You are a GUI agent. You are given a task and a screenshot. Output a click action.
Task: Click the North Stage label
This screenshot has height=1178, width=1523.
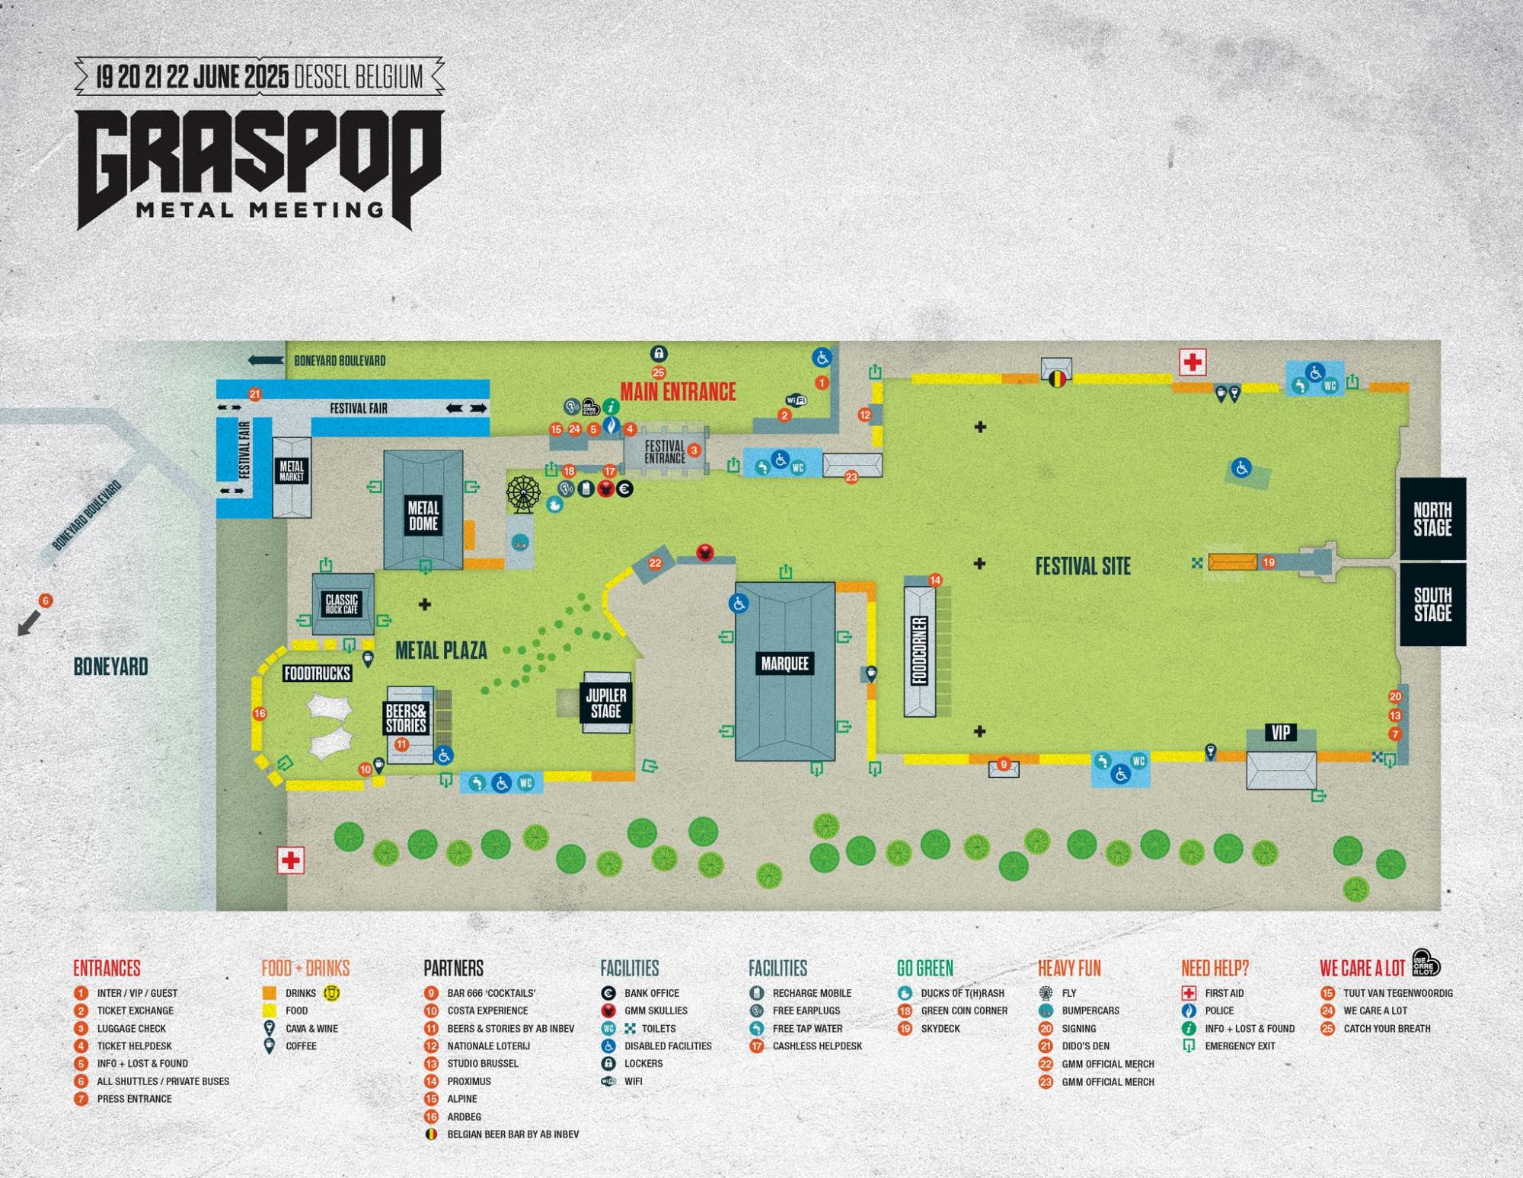tap(1432, 518)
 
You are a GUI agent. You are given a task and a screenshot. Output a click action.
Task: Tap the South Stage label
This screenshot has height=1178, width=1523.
tap(1432, 604)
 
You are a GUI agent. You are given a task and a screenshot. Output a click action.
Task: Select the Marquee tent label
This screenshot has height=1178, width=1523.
tap(784, 663)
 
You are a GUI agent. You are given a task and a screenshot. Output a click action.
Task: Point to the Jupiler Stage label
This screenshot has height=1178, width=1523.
tap(606, 703)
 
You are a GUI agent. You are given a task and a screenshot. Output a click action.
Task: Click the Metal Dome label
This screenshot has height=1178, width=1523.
tap(423, 515)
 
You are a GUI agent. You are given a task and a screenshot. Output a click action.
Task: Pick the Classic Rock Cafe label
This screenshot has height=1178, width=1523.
tap(341, 604)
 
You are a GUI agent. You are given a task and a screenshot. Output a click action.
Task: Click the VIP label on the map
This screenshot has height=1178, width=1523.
tap(1281, 732)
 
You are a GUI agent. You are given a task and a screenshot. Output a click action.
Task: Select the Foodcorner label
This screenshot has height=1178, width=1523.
tap(920, 651)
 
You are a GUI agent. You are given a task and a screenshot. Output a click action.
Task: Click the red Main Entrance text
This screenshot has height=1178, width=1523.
tap(678, 392)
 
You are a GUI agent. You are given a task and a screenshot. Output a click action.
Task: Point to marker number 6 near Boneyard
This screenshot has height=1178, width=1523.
tap(46, 601)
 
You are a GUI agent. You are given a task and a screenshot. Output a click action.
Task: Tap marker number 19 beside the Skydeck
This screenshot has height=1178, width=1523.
tap(1269, 563)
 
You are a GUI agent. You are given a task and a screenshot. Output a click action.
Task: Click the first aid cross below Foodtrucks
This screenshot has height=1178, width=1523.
tap(290, 860)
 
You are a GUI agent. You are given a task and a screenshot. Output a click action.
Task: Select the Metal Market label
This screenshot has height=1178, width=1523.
tap(292, 471)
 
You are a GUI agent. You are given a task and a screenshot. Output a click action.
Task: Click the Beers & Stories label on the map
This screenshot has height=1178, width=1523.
tap(405, 718)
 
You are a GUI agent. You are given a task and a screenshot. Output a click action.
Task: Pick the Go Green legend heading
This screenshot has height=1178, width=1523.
tap(924, 968)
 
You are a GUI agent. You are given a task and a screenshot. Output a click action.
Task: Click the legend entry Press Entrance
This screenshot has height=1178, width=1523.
tap(134, 1099)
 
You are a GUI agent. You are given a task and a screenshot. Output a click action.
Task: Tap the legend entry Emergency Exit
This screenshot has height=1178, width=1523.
tap(1240, 1046)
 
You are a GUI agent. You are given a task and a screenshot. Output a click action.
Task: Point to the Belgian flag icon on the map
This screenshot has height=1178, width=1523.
tap(1057, 378)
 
